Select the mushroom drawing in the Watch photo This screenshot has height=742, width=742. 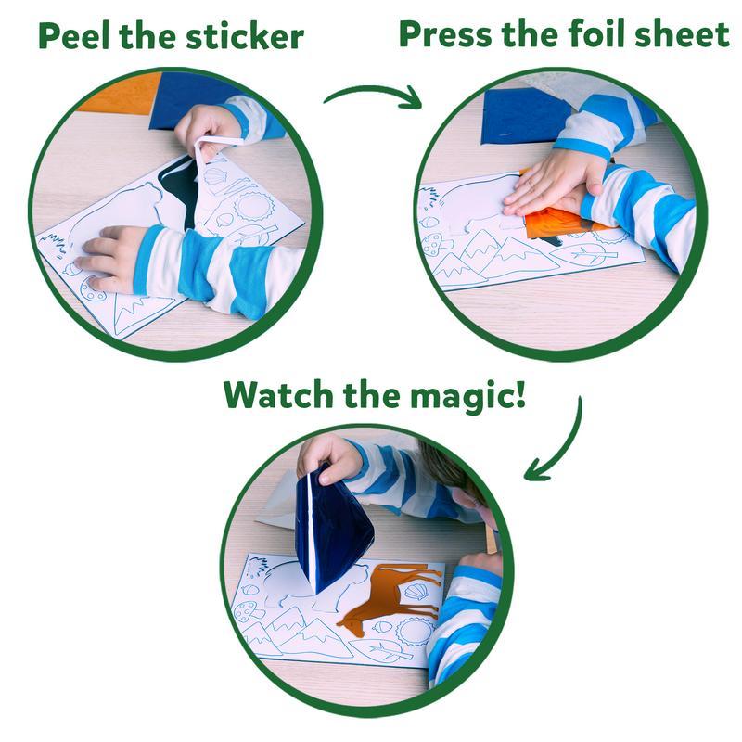(249, 609)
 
